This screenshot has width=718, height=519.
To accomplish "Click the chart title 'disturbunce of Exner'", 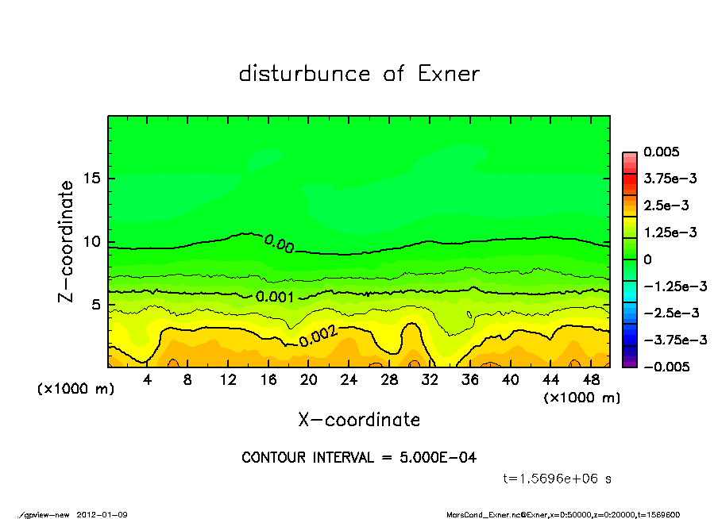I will tap(359, 74).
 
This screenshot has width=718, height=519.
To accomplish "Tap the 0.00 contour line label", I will tap(279, 244).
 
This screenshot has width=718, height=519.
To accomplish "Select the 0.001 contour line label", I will tap(276, 297).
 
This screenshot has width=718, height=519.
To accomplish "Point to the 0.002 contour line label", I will tap(318, 337).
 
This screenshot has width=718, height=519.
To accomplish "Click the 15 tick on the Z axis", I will tap(92, 179).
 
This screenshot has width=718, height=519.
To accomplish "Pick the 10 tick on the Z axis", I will tap(92, 242).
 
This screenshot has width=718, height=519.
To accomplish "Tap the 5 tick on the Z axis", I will tap(97, 305).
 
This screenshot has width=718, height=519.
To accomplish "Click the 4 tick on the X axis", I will tap(148, 380).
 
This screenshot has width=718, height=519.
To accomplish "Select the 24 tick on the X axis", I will tap(349, 380).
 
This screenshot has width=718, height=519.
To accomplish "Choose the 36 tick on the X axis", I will tap(470, 380).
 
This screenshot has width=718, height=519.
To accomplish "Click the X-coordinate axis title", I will tap(359, 419).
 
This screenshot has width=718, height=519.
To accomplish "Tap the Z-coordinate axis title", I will tap(67, 241).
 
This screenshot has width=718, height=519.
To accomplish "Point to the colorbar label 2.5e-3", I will tap(666, 206).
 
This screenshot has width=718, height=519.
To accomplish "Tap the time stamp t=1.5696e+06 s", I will tap(557, 479).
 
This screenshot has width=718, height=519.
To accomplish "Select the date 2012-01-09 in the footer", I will tap(102, 514).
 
